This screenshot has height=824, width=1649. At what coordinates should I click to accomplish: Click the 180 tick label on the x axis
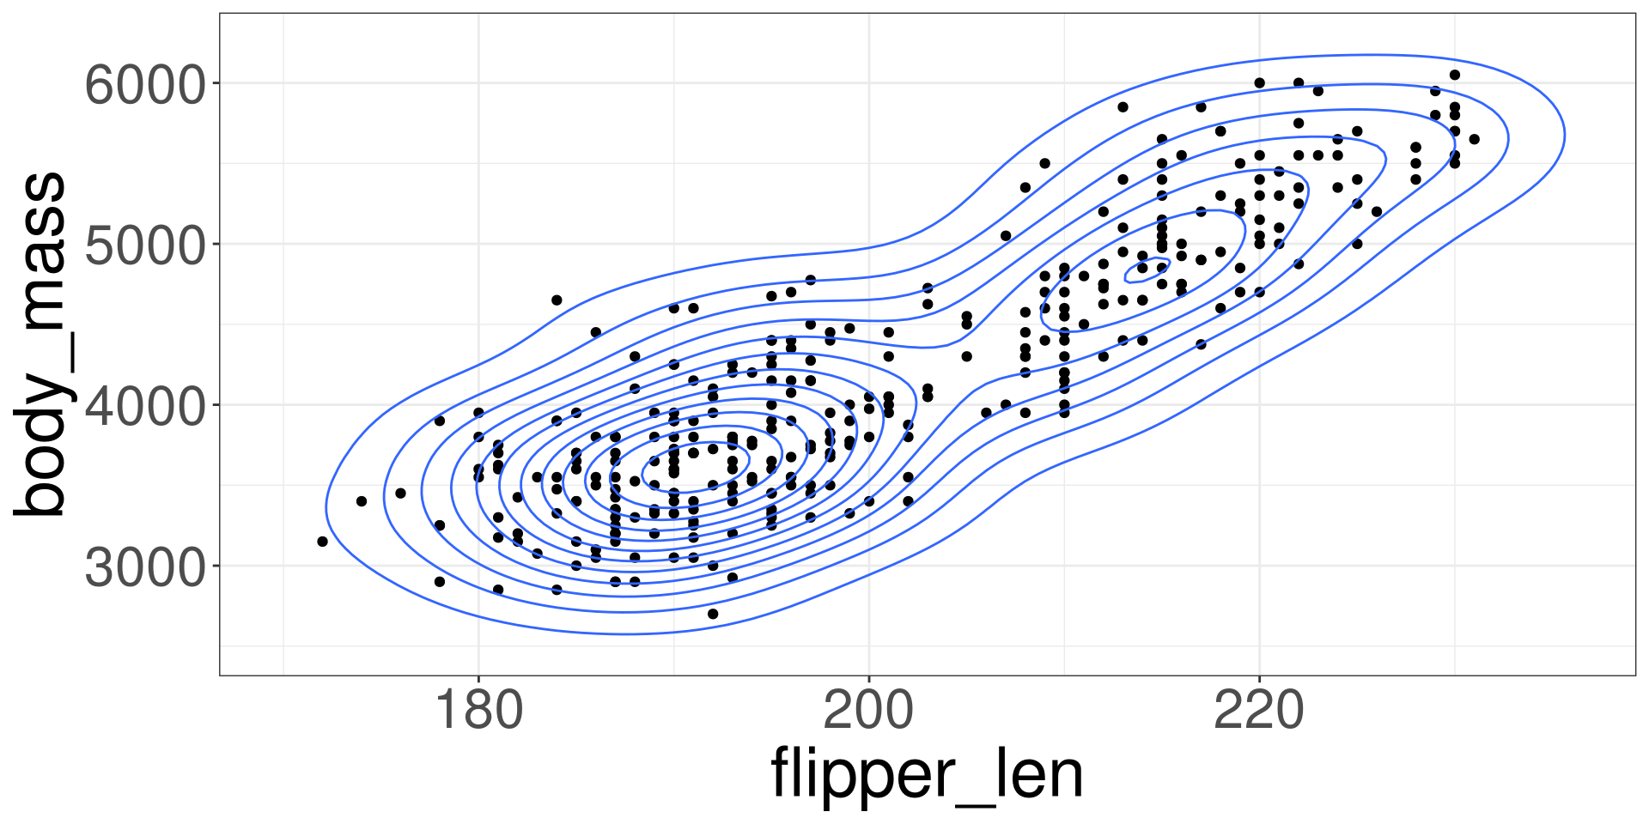479,711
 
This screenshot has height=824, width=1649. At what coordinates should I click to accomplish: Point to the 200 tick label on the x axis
869,711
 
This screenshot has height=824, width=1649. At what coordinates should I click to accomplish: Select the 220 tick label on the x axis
1259,711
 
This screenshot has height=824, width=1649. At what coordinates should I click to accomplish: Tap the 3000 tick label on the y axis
146,566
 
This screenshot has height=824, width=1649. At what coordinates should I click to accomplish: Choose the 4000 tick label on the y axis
146,405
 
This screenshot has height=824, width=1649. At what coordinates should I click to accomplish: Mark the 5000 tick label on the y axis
146,245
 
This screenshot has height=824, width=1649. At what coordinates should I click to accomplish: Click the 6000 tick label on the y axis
146,84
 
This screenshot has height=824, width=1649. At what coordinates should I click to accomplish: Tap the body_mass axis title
41,343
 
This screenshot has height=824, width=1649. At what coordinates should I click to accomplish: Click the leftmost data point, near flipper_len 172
323,542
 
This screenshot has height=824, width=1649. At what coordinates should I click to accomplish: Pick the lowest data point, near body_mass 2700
713,614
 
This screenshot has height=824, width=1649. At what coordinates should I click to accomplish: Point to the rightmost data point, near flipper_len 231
1474,139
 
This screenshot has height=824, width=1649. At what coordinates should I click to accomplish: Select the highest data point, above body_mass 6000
1454,75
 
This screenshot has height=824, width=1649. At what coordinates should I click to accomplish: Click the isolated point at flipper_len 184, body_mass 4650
557,300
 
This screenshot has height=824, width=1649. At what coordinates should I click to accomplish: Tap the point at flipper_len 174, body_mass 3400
362,501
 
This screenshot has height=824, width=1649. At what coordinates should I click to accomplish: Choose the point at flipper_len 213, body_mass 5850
1123,107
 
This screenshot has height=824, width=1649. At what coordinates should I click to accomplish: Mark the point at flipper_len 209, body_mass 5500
1044,163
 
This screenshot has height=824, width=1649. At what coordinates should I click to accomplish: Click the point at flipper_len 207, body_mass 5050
1006,235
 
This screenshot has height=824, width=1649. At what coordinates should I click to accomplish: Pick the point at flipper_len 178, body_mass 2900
440,581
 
